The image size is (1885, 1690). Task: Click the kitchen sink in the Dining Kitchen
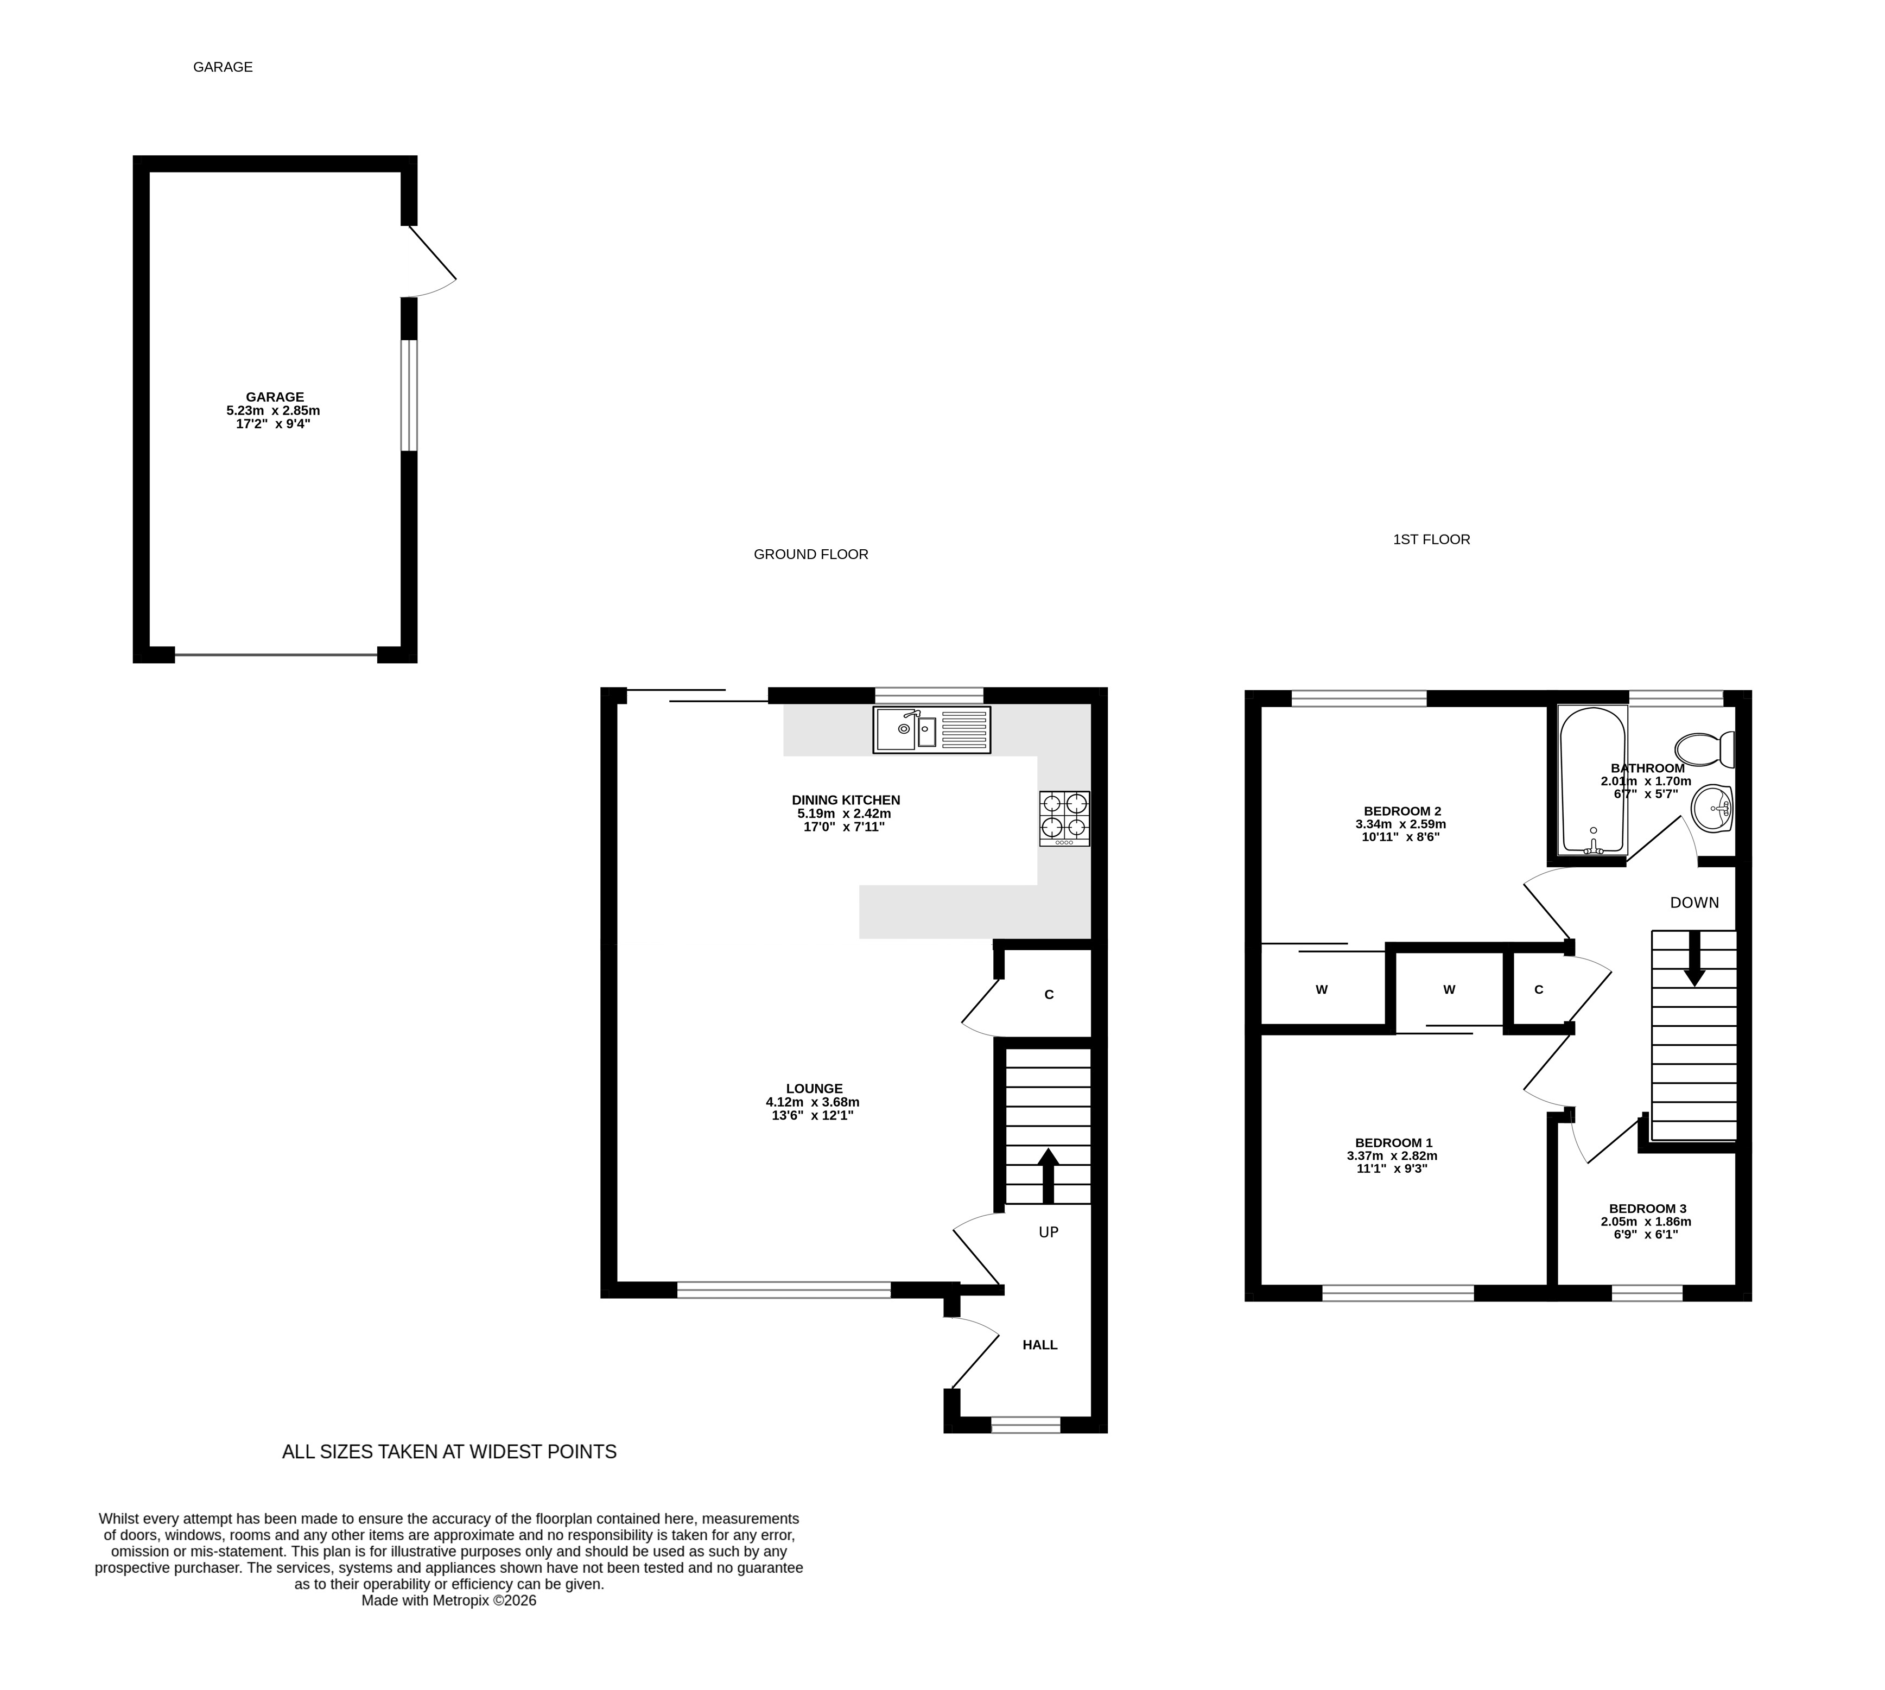click(931, 730)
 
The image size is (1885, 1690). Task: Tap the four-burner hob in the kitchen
click(1064, 818)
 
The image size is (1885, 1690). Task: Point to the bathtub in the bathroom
click(1592, 780)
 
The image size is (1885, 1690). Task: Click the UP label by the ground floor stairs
click(1049, 1232)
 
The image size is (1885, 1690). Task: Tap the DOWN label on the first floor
click(1694, 903)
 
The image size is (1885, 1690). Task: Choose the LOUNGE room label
click(814, 1088)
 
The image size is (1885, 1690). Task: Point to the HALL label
click(1040, 1345)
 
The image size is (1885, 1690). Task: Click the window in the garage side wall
click(409, 396)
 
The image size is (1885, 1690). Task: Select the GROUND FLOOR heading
click(811, 554)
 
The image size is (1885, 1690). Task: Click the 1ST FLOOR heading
click(1431, 539)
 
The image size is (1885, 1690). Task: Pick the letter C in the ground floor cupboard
click(1049, 994)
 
